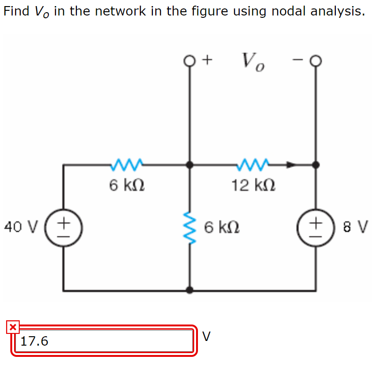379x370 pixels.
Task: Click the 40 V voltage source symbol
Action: (x=66, y=227)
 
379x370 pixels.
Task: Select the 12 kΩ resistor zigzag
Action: (x=254, y=165)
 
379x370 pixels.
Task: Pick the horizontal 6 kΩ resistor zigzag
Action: (x=127, y=165)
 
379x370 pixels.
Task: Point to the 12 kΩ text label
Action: (x=253, y=186)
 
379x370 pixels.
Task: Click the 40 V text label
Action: (x=20, y=227)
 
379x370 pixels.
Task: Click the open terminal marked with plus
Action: (x=189, y=60)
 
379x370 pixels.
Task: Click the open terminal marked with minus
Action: (x=317, y=60)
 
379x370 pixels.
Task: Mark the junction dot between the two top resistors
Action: (x=189, y=165)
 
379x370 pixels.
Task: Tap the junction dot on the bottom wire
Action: (x=189, y=290)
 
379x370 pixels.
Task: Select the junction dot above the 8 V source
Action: (x=317, y=165)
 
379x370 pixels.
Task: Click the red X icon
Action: (x=13, y=327)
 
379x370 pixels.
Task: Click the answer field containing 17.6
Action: (x=103, y=340)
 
